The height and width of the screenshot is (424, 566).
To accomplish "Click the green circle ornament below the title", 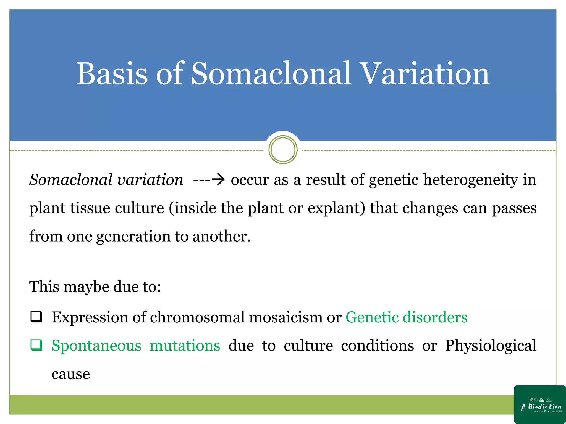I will [283, 150].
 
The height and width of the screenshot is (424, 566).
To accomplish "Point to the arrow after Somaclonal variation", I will [218, 180].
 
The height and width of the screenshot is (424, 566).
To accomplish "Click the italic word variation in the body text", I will [150, 180].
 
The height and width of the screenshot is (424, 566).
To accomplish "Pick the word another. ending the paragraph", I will [221, 237].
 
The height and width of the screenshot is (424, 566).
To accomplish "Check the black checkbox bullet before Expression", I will [36, 317].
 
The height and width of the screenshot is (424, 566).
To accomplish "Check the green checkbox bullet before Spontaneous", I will [36, 345].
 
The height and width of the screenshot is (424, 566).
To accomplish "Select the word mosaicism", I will [286, 317].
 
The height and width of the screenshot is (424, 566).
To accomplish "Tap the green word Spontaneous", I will [96, 346].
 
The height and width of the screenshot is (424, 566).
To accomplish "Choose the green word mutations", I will [185, 346].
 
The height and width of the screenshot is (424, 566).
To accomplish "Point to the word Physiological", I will [491, 346].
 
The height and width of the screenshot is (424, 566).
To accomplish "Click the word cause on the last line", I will [71, 374].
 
